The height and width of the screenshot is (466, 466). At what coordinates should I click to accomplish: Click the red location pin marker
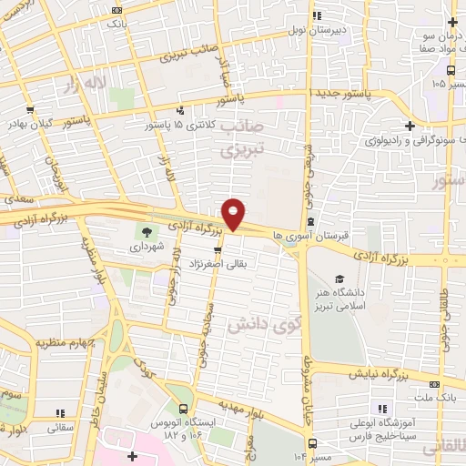(234, 214)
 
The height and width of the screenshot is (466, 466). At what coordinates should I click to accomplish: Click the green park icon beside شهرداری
(147, 231)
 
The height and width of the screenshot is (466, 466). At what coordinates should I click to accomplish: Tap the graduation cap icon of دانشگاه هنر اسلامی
(339, 279)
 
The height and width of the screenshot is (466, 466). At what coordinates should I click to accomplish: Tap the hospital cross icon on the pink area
(134, 454)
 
